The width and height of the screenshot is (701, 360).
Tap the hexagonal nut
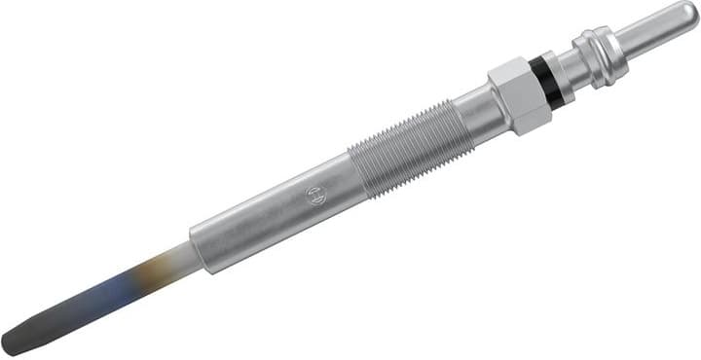[516, 95]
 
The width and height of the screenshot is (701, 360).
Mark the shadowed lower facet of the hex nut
[531, 121]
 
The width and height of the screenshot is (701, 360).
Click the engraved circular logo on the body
[314, 195]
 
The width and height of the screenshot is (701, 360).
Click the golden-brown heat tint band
[146, 274]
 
